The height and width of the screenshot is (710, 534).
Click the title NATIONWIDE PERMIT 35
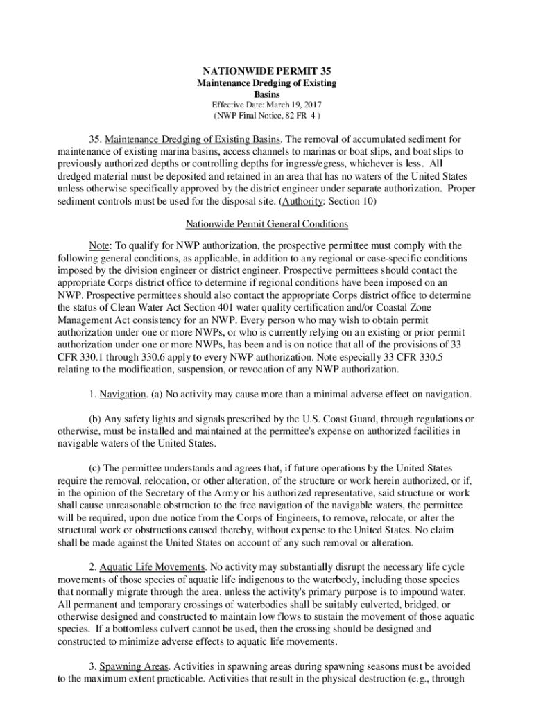point(266,71)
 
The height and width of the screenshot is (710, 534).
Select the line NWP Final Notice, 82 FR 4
point(266,115)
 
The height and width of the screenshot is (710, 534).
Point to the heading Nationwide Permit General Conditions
point(266,224)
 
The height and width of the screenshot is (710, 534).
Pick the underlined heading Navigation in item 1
point(121,394)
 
